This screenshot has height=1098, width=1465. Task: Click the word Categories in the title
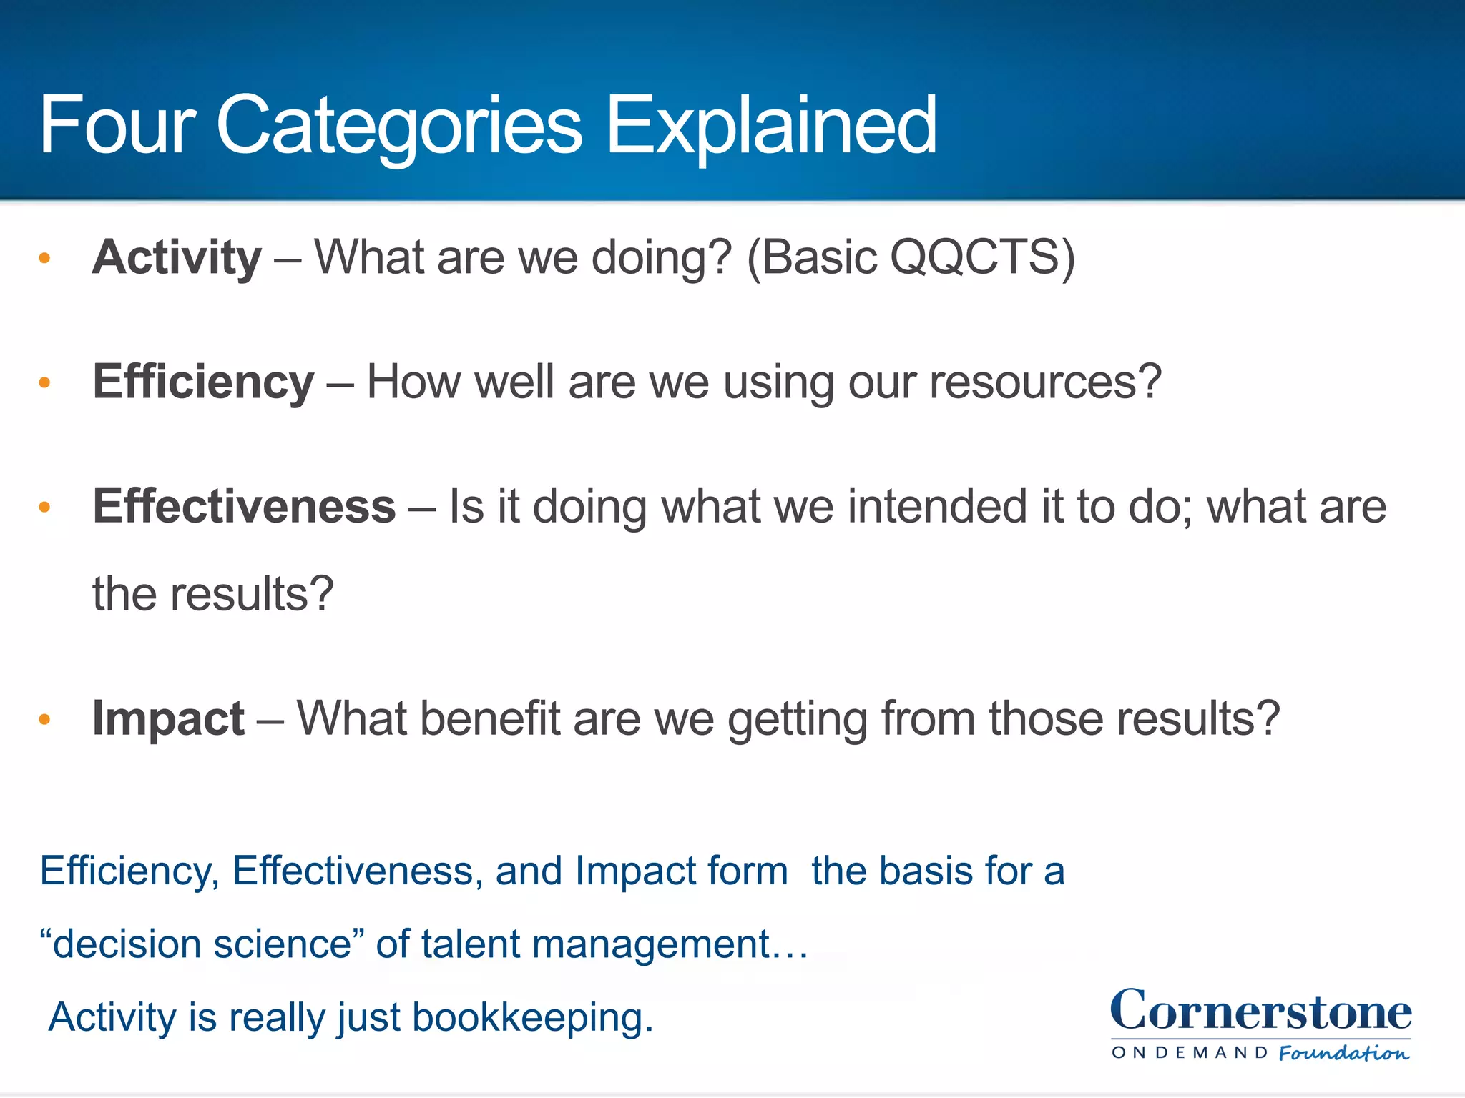coord(398,127)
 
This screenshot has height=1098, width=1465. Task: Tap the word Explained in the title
coord(771,127)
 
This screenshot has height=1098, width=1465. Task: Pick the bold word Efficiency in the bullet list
coord(203,382)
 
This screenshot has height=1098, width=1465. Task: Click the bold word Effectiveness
coord(244,506)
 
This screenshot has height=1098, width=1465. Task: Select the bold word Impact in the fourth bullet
coord(168,718)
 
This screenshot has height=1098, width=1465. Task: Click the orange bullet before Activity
coord(44,259)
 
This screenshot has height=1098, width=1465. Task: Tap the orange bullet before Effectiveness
coord(44,508)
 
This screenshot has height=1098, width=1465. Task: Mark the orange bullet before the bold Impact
coord(44,719)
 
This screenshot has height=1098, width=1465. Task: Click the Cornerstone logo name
coord(1260,1011)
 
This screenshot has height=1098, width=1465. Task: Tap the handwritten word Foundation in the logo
coord(1343,1053)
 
